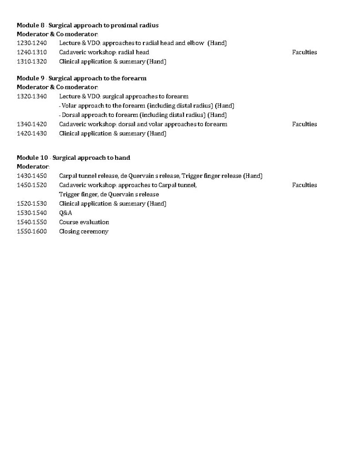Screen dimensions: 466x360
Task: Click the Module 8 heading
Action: point(87,25)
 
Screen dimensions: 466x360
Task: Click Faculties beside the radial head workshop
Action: point(304,52)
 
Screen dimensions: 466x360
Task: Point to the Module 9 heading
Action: point(81,78)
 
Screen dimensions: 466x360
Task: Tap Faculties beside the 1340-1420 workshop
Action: point(304,124)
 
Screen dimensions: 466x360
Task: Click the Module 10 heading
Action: point(73,158)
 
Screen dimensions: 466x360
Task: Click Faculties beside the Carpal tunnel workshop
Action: point(304,185)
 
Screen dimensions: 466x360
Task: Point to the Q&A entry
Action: point(66,213)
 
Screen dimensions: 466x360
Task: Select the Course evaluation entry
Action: point(84,222)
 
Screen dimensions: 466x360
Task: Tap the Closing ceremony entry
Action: point(84,232)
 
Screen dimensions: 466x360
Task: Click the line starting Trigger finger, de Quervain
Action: point(109,194)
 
